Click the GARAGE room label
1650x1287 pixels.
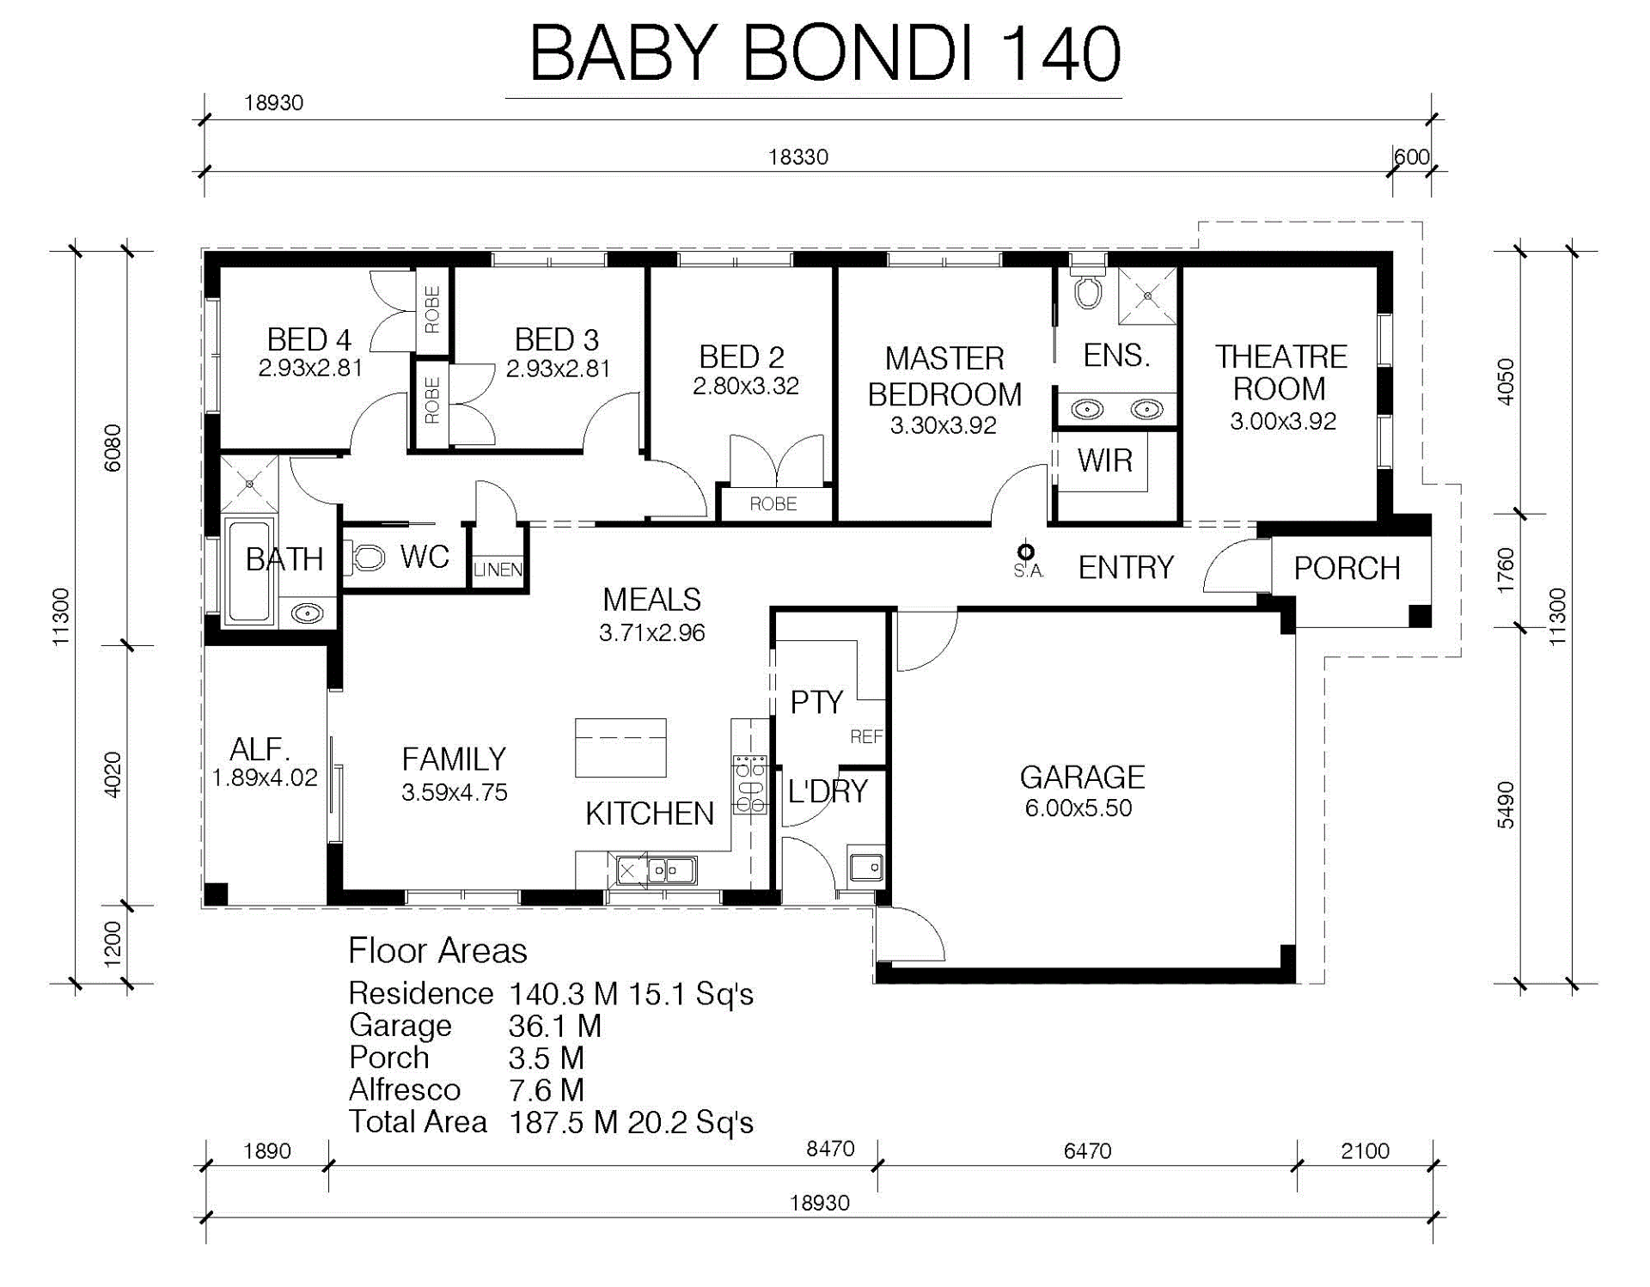click(1082, 778)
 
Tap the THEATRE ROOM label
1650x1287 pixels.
click(1280, 373)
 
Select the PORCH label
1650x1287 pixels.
click(1347, 568)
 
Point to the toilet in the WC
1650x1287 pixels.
click(367, 558)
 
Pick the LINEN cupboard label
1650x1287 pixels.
click(498, 570)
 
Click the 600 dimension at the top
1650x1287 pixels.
click(1411, 156)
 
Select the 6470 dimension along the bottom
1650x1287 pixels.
click(1087, 1150)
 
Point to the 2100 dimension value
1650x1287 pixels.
click(1365, 1150)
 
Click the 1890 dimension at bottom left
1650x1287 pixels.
click(266, 1150)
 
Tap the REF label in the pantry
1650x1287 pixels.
click(866, 736)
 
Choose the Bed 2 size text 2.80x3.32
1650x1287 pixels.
click(746, 386)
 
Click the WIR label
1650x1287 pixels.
click(1105, 461)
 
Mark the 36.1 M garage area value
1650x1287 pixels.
click(555, 1026)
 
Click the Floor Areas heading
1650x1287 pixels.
click(437, 951)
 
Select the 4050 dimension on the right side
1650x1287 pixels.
click(1506, 381)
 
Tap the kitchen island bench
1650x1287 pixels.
click(620, 747)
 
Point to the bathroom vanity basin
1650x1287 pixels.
click(307, 613)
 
